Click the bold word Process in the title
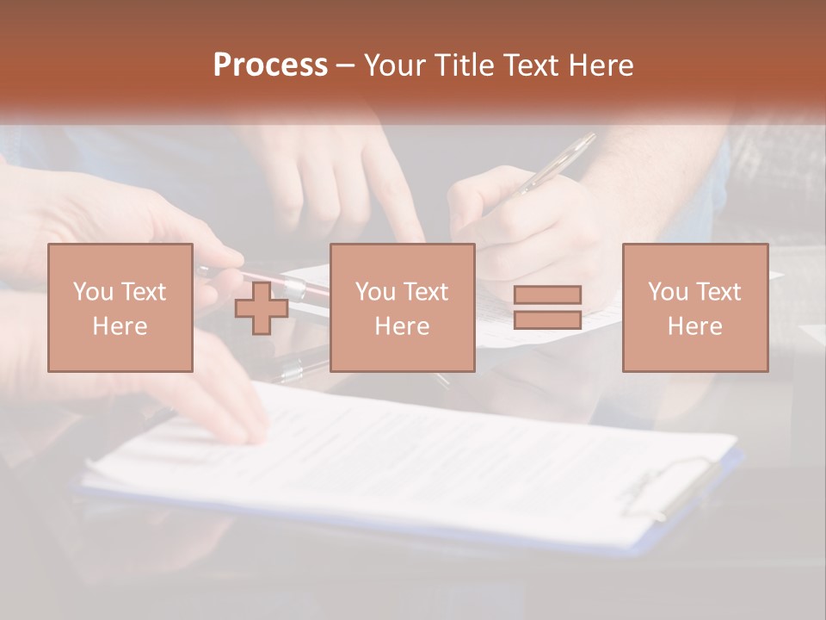click(270, 65)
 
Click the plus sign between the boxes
click(262, 308)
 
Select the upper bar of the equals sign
click(547, 294)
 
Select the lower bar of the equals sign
click(547, 320)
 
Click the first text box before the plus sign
click(120, 307)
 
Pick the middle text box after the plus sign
click(402, 307)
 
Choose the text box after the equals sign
click(694, 307)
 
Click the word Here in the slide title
click(601, 65)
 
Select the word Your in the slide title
click(396, 65)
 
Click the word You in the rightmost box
click(669, 292)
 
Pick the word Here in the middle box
click(402, 325)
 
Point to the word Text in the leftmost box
click(144, 292)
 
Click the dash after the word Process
click(346, 66)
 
